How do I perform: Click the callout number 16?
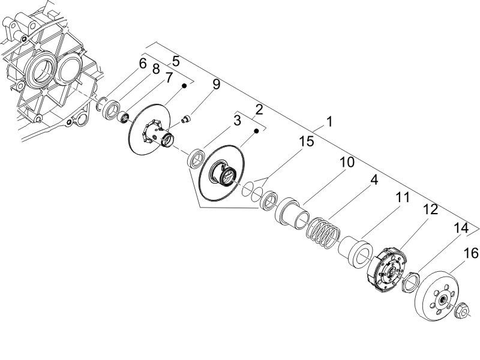click(x=471, y=254)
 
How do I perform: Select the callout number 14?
click(x=461, y=229)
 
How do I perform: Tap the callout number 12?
click(x=430, y=210)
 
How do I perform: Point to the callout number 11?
click(x=401, y=196)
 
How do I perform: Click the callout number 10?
click(x=347, y=163)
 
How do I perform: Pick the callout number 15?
click(x=307, y=142)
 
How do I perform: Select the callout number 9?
click(x=216, y=85)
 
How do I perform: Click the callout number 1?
click(x=329, y=122)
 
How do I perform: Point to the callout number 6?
click(x=142, y=64)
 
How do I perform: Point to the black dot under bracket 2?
click(x=257, y=130)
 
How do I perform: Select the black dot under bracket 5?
click(x=185, y=86)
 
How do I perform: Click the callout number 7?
click(x=169, y=77)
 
